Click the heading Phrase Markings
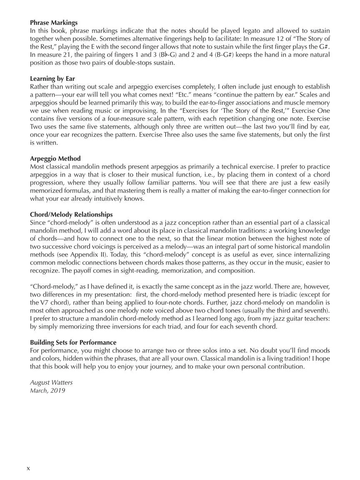coord(54,23)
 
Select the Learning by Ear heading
coord(52,79)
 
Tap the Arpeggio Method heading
coord(55,159)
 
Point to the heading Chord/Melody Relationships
coord(71,215)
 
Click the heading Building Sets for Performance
coord(73,343)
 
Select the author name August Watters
coord(51,382)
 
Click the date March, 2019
coord(47,390)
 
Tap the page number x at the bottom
coord(28,468)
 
